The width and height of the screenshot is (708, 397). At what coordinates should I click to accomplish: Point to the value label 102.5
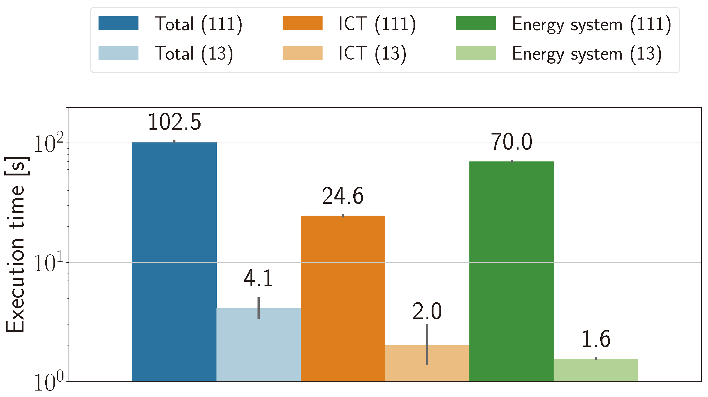point(175,122)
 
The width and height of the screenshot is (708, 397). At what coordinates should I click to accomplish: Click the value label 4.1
point(258,278)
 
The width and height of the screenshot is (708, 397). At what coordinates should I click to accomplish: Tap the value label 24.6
point(343,196)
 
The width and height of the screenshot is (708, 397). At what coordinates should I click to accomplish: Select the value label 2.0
point(427,311)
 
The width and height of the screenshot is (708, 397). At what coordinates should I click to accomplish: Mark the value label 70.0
point(511,142)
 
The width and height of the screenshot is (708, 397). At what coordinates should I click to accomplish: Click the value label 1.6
point(596,339)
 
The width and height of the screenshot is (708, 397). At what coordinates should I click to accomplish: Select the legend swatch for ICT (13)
point(302,53)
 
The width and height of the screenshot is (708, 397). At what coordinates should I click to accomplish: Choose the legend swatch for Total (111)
point(118,23)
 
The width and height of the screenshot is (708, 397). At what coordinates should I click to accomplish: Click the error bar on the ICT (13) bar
point(427,344)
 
